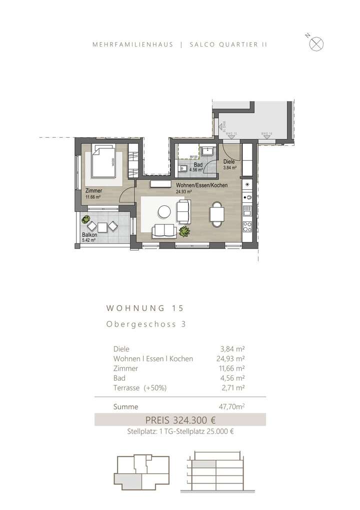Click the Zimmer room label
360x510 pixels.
coord(93,191)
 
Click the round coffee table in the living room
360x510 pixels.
coord(163,212)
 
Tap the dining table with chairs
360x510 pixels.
coord(217,214)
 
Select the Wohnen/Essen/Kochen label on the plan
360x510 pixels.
coord(201,185)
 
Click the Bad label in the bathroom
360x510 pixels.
coord(198,165)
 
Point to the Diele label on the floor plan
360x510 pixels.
coord(229,162)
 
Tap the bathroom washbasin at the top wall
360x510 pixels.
coord(207,150)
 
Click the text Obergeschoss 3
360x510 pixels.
coord(146,324)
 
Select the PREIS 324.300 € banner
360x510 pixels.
coord(180,420)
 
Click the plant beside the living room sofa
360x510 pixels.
coord(184,231)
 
